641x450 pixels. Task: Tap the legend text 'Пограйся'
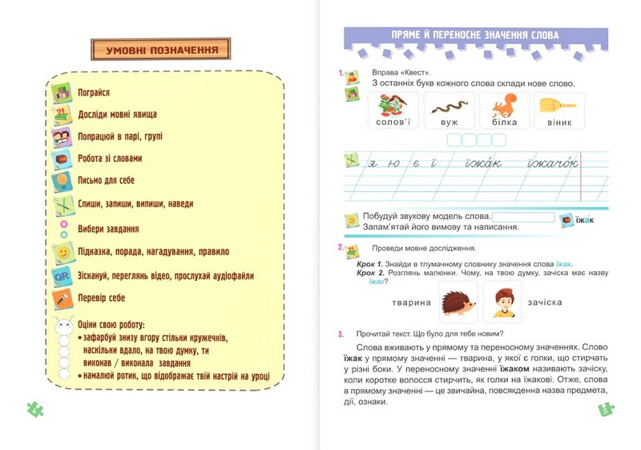[x=94, y=92]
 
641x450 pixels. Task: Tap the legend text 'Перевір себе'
[x=103, y=298]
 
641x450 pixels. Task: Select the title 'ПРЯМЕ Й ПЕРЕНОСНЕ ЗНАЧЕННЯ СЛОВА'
[x=475, y=35]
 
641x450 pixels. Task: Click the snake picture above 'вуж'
[x=450, y=105]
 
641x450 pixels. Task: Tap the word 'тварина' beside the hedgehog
[x=412, y=302]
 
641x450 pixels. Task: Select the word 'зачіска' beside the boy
[x=545, y=302]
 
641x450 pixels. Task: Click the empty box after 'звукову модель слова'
[x=523, y=217]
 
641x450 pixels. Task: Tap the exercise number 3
[x=341, y=334]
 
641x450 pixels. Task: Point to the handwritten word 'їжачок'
[x=547, y=164]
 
